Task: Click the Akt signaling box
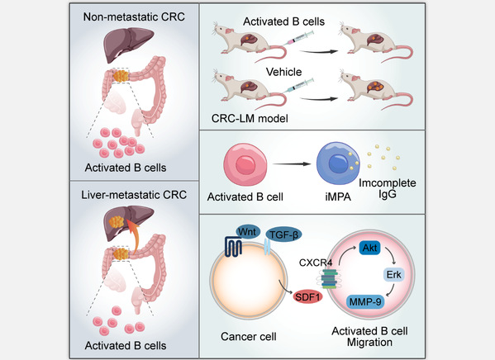[369, 248]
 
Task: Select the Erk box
[393, 274]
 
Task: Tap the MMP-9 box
[365, 302]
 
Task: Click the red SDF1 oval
[307, 297]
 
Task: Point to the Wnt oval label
[248, 232]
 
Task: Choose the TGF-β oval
[283, 235]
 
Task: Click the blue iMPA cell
[338, 163]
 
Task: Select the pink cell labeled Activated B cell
[245, 164]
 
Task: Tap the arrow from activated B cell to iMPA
[292, 163]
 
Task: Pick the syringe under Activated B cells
[298, 38]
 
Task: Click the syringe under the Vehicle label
[298, 86]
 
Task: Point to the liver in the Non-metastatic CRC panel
[128, 44]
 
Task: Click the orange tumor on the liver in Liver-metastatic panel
[117, 222]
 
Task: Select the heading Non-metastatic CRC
[134, 17]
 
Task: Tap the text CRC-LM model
[250, 119]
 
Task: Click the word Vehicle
[283, 72]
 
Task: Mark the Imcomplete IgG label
[388, 188]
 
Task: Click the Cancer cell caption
[249, 337]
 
